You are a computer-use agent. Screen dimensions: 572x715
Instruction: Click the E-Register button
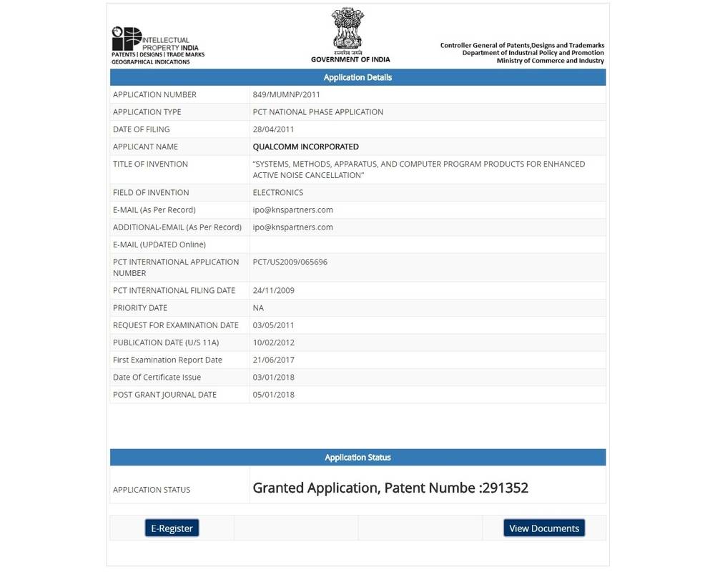click(172, 528)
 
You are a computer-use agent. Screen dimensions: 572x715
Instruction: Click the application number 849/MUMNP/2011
click(285, 94)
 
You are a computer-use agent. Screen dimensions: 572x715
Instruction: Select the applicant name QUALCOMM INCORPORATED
click(305, 147)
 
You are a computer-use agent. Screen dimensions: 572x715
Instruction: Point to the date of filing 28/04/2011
click(273, 129)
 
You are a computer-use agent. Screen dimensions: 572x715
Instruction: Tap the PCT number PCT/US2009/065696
click(290, 262)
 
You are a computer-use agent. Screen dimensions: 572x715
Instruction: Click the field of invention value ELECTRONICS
click(277, 192)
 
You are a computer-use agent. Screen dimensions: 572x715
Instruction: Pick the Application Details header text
click(357, 77)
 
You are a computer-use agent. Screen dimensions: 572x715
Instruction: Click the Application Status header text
click(357, 458)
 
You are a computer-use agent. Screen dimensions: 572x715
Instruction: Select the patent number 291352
click(505, 488)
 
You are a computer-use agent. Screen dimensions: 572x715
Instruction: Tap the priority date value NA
click(258, 308)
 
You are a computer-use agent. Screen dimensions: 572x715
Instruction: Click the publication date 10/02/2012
click(273, 342)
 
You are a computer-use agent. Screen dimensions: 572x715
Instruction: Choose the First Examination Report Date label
click(167, 360)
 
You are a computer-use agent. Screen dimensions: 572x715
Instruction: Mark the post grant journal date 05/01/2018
click(273, 395)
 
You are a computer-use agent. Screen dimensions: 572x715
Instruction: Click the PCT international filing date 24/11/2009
click(273, 290)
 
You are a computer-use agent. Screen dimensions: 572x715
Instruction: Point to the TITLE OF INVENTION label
click(150, 164)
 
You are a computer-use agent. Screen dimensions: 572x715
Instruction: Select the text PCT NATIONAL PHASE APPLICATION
click(317, 112)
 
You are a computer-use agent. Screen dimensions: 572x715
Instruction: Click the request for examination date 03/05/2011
click(273, 325)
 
